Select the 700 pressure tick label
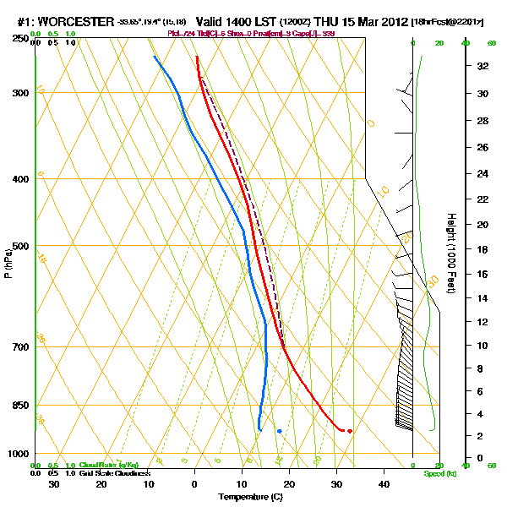pyautogui.click(x=20, y=347)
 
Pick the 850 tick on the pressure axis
pyautogui.click(x=20, y=406)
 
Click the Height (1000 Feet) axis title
pyautogui.click(x=450, y=253)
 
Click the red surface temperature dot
pyautogui.click(x=350, y=431)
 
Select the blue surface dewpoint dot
pyautogui.click(x=279, y=431)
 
